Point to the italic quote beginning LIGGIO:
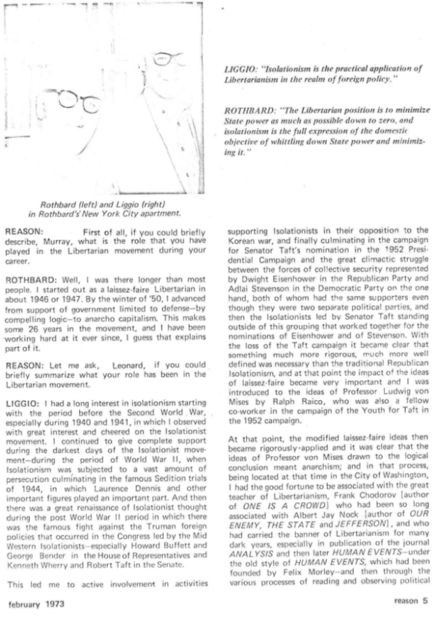(x=324, y=76)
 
